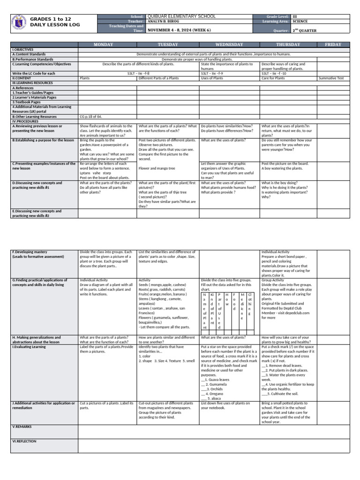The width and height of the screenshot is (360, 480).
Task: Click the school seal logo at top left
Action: [x=19, y=22]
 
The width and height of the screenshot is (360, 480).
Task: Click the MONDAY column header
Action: [x=107, y=45]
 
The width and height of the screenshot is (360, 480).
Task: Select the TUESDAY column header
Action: [x=168, y=45]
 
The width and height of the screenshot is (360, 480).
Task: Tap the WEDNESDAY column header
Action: [x=230, y=45]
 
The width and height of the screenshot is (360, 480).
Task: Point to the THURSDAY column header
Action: [x=289, y=45]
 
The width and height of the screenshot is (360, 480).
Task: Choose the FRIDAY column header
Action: [x=333, y=45]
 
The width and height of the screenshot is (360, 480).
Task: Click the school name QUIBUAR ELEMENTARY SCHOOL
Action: [x=181, y=16]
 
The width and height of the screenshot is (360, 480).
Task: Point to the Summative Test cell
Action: [x=331, y=78]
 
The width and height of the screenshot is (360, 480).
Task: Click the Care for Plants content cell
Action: [x=273, y=78]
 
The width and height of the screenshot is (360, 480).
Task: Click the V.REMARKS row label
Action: [x=22, y=427]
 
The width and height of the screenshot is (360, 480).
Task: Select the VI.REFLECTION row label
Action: [x=24, y=441]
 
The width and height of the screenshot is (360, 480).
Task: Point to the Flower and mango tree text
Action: [x=157, y=168]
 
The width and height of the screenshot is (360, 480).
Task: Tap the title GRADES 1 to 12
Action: [x=51, y=18]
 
